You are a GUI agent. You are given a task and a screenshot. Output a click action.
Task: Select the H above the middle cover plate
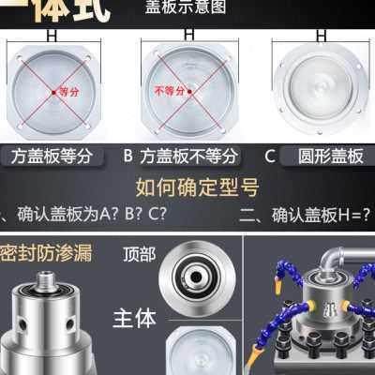(x=188, y=32)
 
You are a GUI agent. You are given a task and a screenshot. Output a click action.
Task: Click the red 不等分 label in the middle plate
(x=172, y=93)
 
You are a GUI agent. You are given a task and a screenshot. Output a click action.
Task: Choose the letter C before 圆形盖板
(x=269, y=156)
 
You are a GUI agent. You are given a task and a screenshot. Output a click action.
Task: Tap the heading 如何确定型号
(x=187, y=184)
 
